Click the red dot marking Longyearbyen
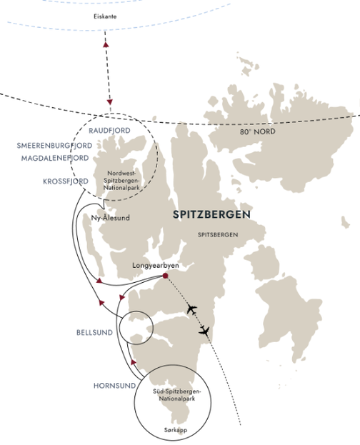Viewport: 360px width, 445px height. tap(165, 276)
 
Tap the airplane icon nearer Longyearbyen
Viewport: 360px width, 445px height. tap(191, 309)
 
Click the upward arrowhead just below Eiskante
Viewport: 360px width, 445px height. tap(106, 45)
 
